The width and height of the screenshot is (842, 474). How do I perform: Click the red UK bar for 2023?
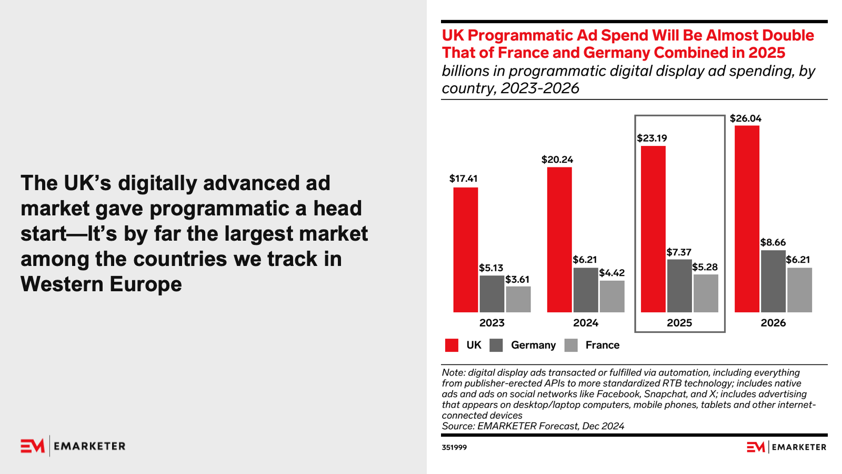point(465,250)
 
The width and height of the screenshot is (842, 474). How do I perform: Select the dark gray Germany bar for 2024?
point(585,290)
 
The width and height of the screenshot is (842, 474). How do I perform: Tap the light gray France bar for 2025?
point(706,293)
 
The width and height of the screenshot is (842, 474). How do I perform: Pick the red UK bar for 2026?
point(747,219)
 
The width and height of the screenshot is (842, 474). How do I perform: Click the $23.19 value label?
point(652,138)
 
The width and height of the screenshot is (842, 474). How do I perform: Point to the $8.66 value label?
point(773,242)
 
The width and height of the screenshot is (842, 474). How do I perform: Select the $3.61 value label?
point(517,279)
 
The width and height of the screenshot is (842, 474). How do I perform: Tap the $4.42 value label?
point(612,273)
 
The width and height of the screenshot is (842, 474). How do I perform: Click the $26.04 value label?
point(745,118)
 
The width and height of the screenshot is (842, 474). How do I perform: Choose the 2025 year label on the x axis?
point(679,323)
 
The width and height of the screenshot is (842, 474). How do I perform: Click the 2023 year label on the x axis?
point(492,323)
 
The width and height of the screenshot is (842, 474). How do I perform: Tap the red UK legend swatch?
point(452,345)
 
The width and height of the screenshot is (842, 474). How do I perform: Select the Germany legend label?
point(533,345)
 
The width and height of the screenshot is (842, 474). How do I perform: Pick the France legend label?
point(602,345)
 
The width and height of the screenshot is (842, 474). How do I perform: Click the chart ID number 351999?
point(454,447)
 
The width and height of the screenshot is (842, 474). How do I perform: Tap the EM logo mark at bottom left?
point(33,446)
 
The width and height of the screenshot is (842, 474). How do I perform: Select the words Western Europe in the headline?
point(101,284)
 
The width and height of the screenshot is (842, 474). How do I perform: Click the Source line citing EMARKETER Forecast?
point(533,426)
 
